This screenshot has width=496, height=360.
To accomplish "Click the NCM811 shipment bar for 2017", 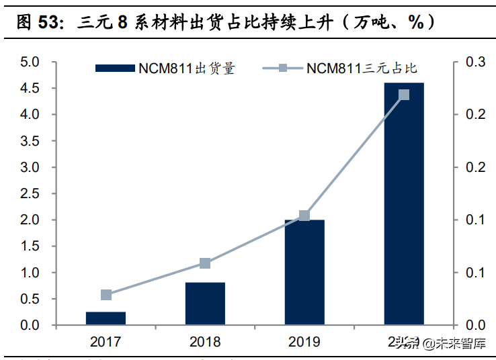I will coord(106,318).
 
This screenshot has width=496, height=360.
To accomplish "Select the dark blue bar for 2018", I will coord(205,304).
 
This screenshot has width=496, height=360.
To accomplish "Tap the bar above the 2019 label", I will coord(304,272).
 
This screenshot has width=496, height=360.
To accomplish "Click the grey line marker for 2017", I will coord(106,295).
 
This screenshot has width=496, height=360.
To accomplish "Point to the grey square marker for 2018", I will coord(205,263).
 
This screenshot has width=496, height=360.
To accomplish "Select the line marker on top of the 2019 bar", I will coord(304,216).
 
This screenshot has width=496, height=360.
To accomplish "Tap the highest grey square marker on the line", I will coord(404,95).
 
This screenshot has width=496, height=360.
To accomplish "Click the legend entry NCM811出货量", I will coord(165,68).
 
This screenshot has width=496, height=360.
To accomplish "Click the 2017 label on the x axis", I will coord(106,342).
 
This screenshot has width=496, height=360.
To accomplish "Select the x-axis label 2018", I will coord(205,342).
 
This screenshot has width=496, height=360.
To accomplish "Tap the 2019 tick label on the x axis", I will coord(304,342).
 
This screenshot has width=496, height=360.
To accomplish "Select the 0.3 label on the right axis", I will coord(474,62).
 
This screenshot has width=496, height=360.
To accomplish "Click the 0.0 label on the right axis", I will coord(474,325).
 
